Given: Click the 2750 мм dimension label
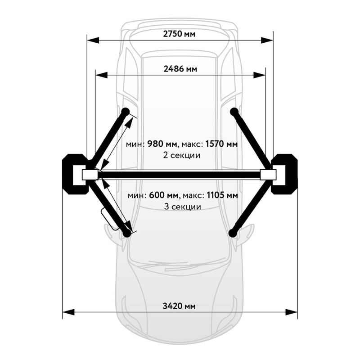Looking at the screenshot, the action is coord(179,34).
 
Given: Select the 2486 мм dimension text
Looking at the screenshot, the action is coord(180,69).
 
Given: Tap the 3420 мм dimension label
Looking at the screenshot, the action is coord(179,306).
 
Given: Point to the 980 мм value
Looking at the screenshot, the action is coord(162,144).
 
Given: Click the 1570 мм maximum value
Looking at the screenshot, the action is coord(221,144).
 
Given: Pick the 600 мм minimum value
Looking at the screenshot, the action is coord(164,195).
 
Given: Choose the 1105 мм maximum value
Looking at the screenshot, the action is coord(222,195).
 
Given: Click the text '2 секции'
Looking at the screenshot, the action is coord(182,155).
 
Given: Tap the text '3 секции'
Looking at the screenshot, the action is coord(183,207).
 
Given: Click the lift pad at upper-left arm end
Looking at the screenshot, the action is coord(126,112).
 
